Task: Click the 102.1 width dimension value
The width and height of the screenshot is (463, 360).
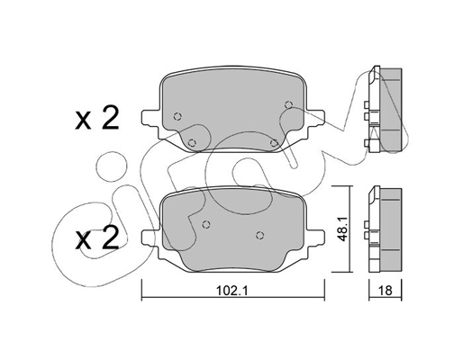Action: pos(231,291)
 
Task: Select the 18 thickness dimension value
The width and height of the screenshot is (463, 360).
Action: pos(386,291)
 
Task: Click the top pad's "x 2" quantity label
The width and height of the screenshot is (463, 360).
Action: pos(97,119)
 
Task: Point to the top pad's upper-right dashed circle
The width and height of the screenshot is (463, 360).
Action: pos(288,104)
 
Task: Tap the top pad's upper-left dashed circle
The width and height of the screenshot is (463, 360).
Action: pos(177,116)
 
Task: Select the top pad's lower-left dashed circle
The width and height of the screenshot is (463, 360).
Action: pos(192,143)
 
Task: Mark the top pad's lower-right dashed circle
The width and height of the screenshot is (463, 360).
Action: pos(274,143)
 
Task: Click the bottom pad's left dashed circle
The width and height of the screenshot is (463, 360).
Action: pos(206,224)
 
